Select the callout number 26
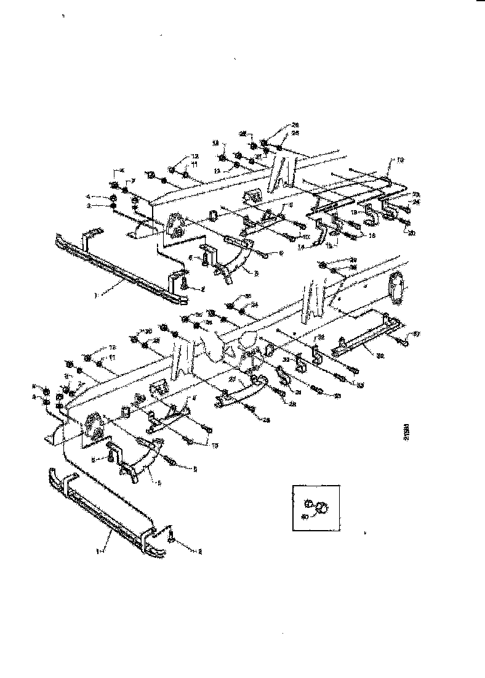click(x=287, y=125)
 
